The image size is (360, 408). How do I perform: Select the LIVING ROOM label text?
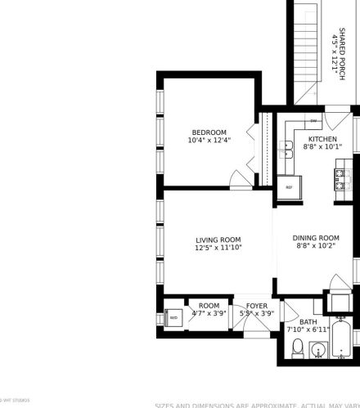pos(218,240)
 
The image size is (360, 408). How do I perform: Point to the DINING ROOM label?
pos(316,239)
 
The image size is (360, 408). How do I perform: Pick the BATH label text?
pos(308,321)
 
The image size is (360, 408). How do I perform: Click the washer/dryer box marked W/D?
pos(173,318)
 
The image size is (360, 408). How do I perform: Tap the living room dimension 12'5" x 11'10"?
pos(218,248)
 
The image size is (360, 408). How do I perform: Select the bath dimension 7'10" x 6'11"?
pos(308,330)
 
